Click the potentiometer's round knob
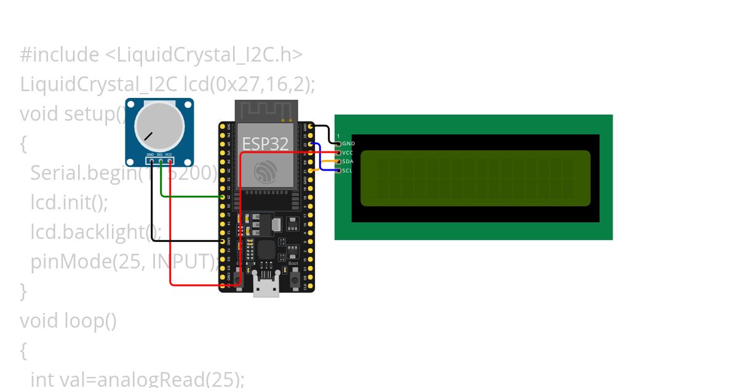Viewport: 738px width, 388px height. coord(159,124)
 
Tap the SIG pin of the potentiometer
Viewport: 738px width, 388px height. coord(160,161)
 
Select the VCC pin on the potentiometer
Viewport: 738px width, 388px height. coord(169,161)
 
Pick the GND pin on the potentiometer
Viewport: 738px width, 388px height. coord(151,161)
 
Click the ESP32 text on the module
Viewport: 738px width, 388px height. coord(265,144)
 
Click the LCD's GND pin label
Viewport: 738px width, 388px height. coord(348,143)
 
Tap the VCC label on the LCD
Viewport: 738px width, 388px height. coord(348,152)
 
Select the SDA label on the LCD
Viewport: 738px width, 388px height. coord(348,161)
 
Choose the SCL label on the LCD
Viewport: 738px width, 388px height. coord(348,171)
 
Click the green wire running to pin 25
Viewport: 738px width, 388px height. coord(191,196)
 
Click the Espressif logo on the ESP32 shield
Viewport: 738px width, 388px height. coord(266,171)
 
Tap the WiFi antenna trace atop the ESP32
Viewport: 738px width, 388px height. coord(266,111)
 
